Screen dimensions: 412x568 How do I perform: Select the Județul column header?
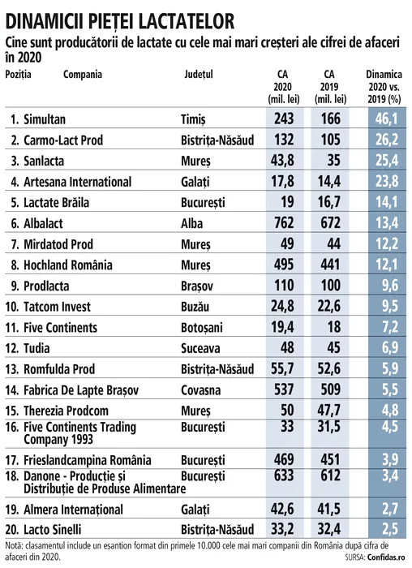(199, 75)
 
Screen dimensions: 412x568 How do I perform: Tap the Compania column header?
(83, 75)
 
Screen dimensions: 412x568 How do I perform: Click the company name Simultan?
(45, 119)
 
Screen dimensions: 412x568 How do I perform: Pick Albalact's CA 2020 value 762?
(284, 222)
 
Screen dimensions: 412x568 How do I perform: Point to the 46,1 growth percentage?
(387, 118)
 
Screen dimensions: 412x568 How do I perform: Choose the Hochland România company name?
(68, 265)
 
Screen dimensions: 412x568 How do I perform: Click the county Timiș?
(193, 119)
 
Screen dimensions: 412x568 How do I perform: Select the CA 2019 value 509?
(331, 389)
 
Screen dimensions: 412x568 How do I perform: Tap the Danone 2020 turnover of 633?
(284, 475)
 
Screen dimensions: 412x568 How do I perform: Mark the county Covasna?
(200, 390)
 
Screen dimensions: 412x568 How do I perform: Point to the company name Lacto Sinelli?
(53, 530)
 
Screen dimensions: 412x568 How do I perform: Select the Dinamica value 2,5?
(390, 529)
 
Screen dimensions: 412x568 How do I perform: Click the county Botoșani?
(202, 328)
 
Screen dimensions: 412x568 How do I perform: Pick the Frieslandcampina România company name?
(88, 460)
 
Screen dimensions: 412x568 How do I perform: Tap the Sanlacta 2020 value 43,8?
(282, 160)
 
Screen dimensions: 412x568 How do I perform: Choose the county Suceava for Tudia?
(200, 348)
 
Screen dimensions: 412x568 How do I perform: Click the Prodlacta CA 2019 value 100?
(331, 285)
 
